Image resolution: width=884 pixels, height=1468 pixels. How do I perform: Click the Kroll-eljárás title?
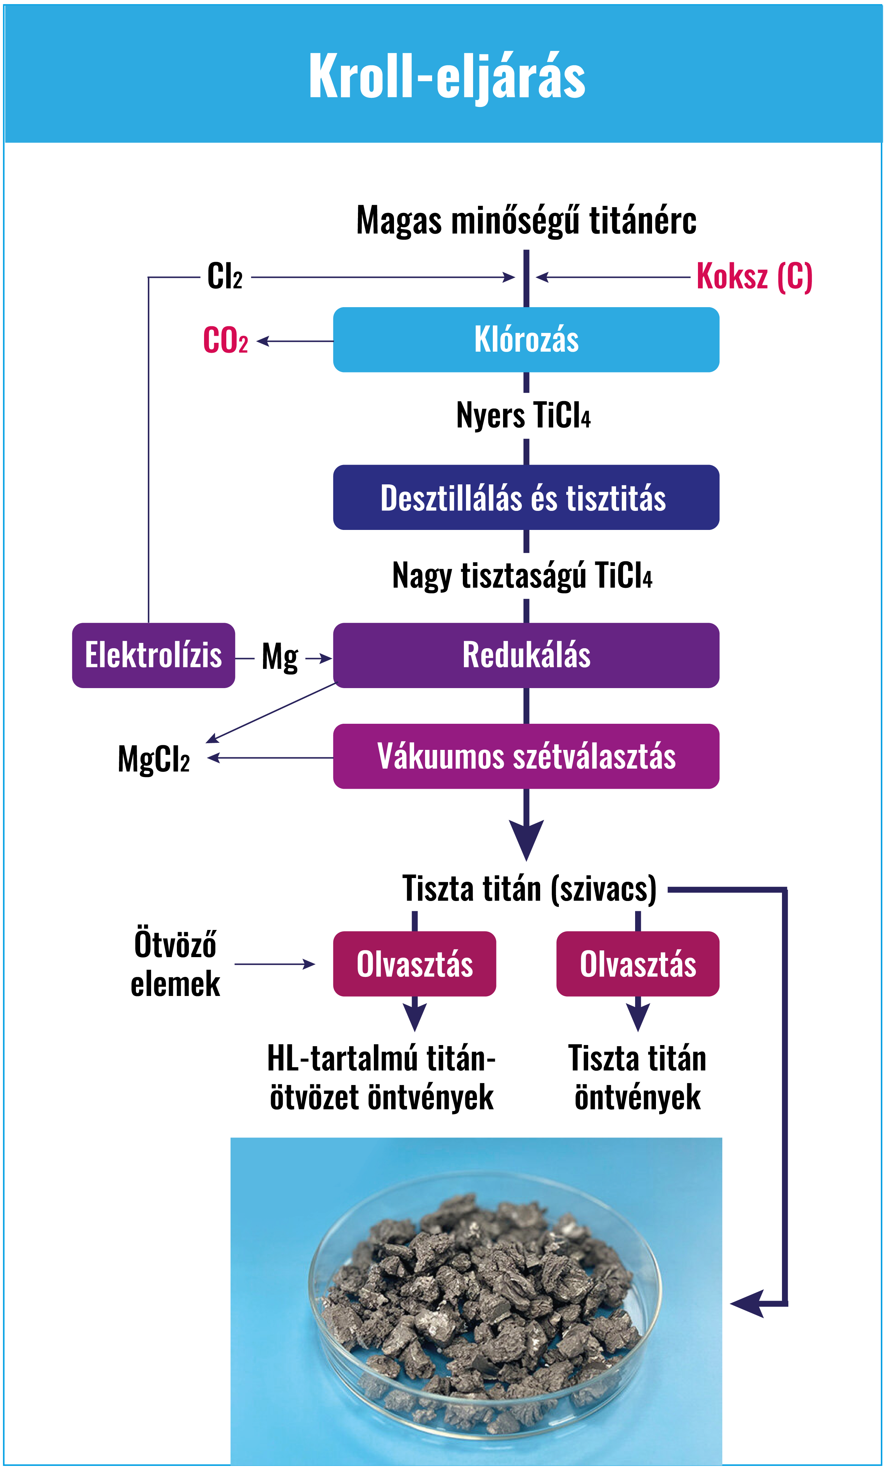447,76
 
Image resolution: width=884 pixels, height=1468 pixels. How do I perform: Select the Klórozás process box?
526,339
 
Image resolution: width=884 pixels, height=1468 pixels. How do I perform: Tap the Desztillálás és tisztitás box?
526,497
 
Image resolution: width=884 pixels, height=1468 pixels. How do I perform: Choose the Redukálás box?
526,655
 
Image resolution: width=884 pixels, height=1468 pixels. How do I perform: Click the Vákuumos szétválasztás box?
526,756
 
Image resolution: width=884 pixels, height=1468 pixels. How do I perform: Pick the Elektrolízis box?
153,655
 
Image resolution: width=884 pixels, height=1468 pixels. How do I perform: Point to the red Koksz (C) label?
754,276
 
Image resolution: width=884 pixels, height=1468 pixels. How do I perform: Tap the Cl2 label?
225,276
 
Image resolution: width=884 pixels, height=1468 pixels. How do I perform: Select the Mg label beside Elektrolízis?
279,657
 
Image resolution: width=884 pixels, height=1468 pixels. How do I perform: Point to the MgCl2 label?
154,759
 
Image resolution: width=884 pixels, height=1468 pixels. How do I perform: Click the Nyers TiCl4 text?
523,415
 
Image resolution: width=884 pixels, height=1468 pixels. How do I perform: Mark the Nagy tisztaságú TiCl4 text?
522,576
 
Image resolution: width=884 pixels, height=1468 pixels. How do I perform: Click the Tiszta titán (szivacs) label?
529,889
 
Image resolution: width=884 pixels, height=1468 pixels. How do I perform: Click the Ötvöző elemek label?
175,963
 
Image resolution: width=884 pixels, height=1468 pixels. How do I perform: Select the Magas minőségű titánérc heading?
526,220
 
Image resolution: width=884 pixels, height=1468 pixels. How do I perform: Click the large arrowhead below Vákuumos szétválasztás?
526,837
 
